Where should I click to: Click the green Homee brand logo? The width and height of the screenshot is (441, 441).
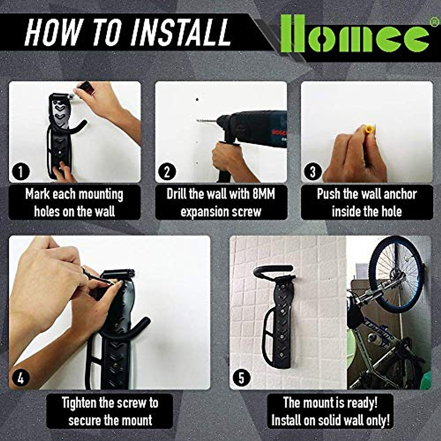(x=355, y=33)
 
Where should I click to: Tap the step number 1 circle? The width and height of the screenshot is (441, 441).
(x=20, y=172)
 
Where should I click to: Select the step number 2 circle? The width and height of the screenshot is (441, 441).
(x=166, y=172)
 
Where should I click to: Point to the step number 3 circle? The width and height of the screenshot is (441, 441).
(x=313, y=172)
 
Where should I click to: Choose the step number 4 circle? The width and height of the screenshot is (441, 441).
(x=21, y=378)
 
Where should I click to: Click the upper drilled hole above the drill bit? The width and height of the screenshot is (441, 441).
(x=197, y=100)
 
